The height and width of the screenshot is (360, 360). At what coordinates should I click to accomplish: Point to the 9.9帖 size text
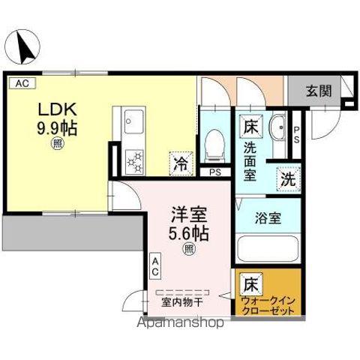[x=57, y=127]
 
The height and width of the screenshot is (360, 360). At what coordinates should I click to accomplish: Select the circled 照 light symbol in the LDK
[x=57, y=145]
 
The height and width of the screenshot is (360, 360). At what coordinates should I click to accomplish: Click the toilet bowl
[x=214, y=142]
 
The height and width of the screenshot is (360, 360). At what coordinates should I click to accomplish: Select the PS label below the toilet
[x=215, y=172]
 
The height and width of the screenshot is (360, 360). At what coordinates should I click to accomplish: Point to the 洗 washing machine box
[x=287, y=179]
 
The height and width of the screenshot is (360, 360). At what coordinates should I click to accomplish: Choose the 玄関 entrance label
[x=317, y=91]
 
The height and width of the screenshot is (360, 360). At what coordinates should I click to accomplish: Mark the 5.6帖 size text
[x=187, y=233]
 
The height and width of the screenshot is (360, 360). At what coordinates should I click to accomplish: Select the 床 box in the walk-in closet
[x=250, y=285]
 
